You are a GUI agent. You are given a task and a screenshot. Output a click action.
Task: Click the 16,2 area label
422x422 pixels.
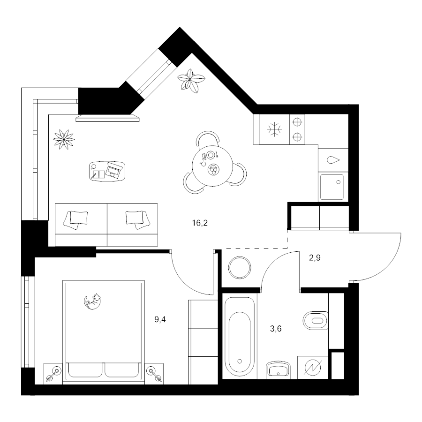(x=200, y=223)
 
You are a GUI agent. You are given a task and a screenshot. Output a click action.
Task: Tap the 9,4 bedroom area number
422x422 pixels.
(x=160, y=320)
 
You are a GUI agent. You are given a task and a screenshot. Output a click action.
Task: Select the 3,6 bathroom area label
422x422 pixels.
(x=276, y=329)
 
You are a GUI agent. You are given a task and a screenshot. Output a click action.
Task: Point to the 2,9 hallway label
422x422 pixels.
(x=315, y=258)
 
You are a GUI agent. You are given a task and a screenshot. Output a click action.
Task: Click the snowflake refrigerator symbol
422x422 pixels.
(x=274, y=129)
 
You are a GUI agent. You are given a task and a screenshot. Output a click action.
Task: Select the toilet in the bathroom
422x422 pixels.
(x=316, y=321)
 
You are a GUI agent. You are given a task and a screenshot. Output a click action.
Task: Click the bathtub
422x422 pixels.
(x=240, y=336)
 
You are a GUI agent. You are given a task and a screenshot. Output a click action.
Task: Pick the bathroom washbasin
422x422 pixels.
(x=278, y=369)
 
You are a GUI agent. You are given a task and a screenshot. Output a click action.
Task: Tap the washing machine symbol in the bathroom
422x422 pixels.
(x=313, y=368)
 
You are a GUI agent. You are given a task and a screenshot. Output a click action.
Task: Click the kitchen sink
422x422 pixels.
(x=332, y=187)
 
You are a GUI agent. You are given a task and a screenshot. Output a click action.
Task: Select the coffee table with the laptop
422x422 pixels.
(x=107, y=171)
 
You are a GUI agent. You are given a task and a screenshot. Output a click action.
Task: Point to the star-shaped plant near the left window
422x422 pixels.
(x=64, y=139)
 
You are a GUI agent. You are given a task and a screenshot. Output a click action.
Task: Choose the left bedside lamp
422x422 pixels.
(x=53, y=374)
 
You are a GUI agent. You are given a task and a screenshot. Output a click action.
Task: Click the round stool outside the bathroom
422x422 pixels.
(x=240, y=268)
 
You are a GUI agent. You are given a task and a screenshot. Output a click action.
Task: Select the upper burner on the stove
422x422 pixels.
(x=297, y=122)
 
